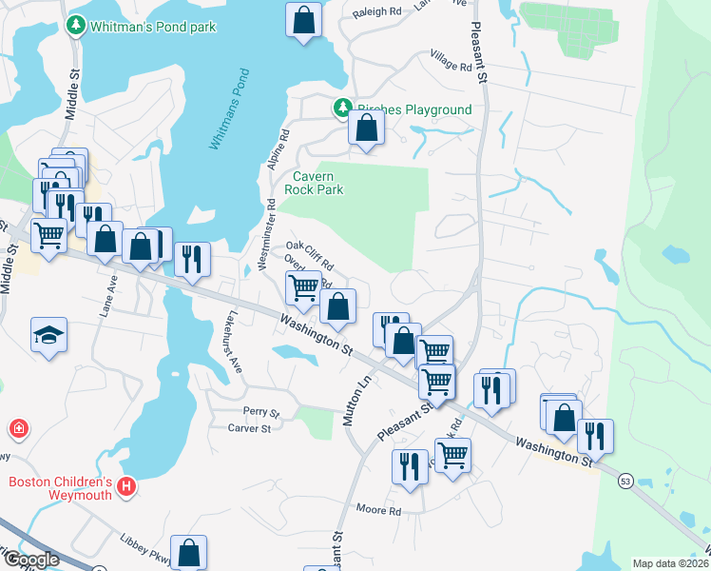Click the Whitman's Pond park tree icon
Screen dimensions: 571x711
click(x=76, y=26)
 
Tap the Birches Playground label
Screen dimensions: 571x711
click(x=413, y=109)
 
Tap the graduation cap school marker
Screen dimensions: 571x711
click(x=48, y=336)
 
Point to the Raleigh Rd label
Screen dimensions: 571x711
click(x=376, y=11)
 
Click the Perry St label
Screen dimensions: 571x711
click(x=260, y=413)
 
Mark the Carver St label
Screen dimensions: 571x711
click(x=250, y=429)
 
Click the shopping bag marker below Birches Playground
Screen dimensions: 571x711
click(x=366, y=128)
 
